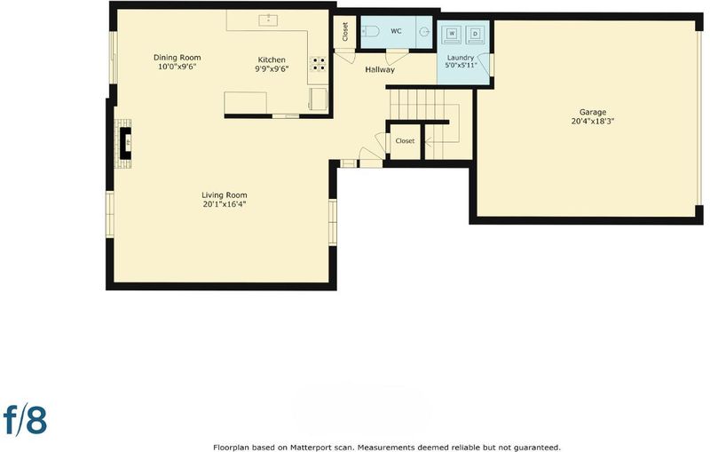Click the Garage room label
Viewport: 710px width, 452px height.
tap(593, 112)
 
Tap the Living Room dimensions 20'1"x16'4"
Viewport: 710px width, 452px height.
tap(225, 204)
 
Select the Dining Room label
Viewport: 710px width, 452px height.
tap(177, 58)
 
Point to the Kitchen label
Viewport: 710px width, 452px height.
tap(272, 59)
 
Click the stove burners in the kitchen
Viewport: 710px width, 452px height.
tap(318, 64)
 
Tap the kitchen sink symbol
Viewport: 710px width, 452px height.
tap(268, 20)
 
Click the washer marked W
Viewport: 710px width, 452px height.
tap(452, 34)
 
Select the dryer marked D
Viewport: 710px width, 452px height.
tap(475, 34)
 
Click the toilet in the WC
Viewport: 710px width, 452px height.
tap(370, 32)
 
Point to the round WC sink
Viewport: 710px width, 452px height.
tap(424, 32)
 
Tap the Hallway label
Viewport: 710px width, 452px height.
tap(380, 70)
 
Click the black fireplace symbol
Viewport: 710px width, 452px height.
tap(125, 143)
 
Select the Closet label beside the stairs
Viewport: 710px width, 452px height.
tap(405, 141)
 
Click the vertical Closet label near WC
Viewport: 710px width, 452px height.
tap(345, 32)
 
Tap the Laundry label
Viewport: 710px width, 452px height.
tap(461, 58)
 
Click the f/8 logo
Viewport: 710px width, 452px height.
tap(26, 419)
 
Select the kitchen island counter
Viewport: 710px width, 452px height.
tap(246, 103)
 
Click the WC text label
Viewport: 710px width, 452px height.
tap(396, 31)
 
